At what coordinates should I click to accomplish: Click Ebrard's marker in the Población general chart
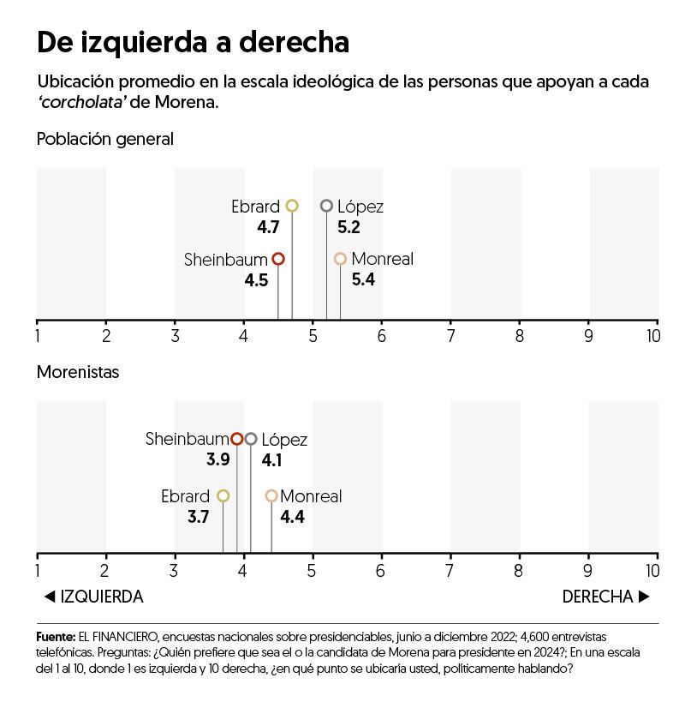tap(292, 206)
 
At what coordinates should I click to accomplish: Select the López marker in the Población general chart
tap(326, 206)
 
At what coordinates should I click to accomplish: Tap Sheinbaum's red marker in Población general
tap(278, 259)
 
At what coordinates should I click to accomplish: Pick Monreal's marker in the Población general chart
tap(340, 259)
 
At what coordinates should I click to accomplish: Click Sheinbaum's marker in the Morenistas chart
tap(237, 439)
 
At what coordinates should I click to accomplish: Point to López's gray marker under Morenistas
tap(251, 439)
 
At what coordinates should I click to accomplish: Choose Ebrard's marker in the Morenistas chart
tap(223, 495)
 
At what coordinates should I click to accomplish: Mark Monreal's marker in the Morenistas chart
tap(271, 495)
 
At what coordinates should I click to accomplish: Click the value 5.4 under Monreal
tap(363, 279)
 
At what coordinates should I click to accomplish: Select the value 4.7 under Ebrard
tap(268, 227)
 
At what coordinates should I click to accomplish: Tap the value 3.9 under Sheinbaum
tap(217, 460)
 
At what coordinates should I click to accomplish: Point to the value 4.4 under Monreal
tap(292, 517)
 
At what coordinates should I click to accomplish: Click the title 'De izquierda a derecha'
tap(193, 43)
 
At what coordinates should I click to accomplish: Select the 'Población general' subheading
tap(105, 139)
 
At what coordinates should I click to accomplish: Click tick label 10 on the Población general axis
tap(652, 335)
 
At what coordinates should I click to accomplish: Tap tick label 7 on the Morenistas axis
tap(451, 568)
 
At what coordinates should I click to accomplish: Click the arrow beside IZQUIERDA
tap(49, 597)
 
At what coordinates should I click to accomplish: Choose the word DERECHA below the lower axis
tap(597, 597)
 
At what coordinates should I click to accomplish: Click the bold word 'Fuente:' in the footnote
tap(55, 637)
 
